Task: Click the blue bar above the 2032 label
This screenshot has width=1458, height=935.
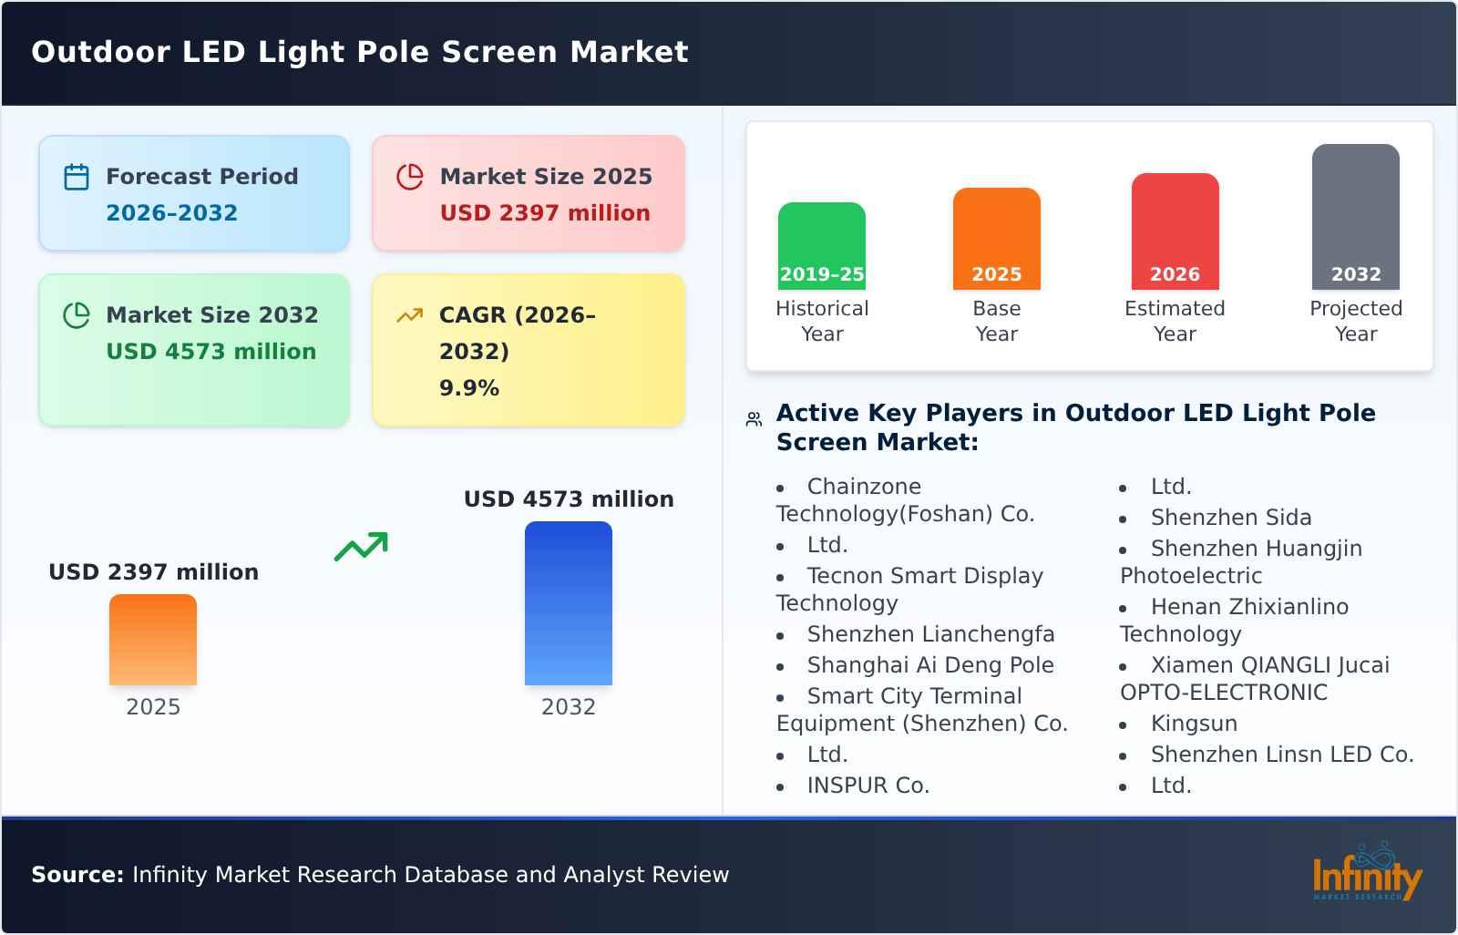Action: click(568, 602)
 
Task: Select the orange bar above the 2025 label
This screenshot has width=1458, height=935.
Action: click(153, 639)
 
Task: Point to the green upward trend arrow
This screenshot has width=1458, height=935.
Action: click(361, 547)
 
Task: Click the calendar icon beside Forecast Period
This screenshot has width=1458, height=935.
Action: click(77, 177)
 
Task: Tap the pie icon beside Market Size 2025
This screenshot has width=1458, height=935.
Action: click(410, 177)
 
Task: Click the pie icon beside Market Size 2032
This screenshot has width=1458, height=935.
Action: click(77, 315)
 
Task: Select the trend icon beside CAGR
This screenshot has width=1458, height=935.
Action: click(410, 315)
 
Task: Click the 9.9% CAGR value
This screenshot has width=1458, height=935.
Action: click(468, 388)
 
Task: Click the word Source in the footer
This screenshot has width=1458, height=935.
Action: click(77, 875)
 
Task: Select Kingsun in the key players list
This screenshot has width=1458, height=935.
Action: click(1194, 724)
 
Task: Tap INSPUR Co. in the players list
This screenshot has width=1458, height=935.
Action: click(868, 786)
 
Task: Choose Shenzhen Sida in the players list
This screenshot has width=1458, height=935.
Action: click(1230, 518)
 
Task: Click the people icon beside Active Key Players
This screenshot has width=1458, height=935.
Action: click(754, 419)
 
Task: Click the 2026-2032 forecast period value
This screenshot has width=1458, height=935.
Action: click(171, 213)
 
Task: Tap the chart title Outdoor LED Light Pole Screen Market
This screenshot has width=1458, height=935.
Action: click(360, 52)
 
